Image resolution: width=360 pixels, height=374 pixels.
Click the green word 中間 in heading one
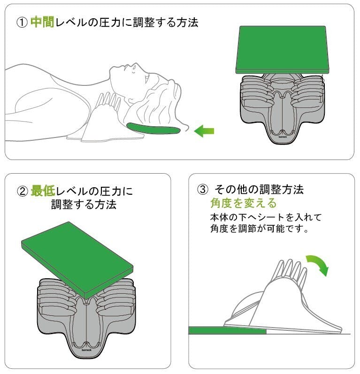[42, 22]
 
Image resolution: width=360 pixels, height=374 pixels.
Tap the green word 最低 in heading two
[43, 191]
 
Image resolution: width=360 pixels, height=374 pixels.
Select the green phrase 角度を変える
[243, 203]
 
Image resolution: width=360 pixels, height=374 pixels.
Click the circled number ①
[22, 23]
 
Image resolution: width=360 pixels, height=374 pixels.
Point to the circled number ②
[23, 191]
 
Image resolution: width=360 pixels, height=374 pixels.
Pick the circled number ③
[203, 190]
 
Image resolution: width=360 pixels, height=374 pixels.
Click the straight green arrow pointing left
[204, 131]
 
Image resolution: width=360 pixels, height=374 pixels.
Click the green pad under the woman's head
[153, 129]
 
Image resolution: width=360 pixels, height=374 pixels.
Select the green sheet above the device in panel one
[283, 49]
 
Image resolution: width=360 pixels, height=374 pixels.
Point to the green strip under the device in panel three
[227, 330]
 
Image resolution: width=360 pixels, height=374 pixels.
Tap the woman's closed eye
[134, 70]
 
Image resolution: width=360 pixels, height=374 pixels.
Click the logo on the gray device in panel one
[282, 137]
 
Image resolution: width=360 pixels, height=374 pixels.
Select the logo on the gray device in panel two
[86, 350]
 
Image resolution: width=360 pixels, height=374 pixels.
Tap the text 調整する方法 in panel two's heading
[84, 205]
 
